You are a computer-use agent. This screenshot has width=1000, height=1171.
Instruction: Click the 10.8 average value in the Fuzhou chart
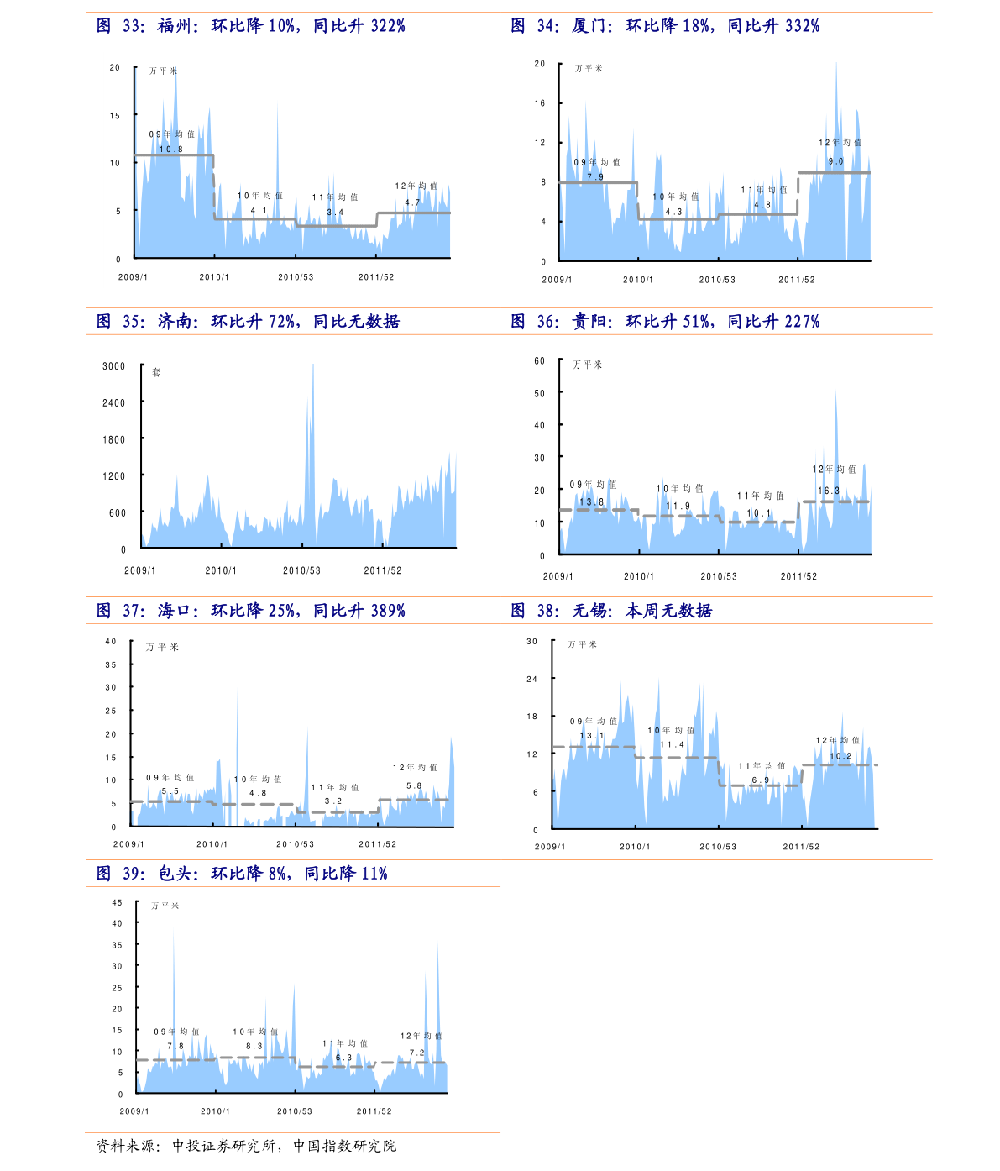pyautogui.click(x=171, y=150)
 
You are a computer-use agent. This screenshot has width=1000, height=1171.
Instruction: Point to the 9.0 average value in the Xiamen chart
pyautogui.click(x=835, y=161)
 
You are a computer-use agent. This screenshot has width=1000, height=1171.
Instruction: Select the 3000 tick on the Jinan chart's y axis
pyautogui.click(x=114, y=366)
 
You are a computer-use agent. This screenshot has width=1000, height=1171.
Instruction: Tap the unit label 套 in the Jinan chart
pyautogui.click(x=156, y=372)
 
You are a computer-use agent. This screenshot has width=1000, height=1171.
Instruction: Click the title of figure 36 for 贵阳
pyautogui.click(x=665, y=322)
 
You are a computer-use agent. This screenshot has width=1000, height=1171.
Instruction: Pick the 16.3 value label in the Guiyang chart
pyautogui.click(x=829, y=491)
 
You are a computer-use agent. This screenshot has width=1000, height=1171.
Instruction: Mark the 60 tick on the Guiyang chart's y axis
pyautogui.click(x=540, y=361)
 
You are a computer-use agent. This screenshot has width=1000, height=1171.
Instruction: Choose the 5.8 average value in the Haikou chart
pyautogui.click(x=414, y=786)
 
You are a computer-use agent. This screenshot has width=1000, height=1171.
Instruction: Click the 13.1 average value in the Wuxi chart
pyautogui.click(x=592, y=736)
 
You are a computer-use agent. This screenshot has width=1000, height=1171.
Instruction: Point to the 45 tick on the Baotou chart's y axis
pyautogui.click(x=118, y=903)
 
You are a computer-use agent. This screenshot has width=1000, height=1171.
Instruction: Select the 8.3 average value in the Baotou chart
pyautogui.click(x=254, y=1047)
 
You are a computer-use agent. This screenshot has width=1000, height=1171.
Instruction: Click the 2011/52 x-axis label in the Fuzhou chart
pyautogui.click(x=376, y=277)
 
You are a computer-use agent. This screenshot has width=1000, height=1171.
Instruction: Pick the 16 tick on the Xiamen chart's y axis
pyautogui.click(x=540, y=103)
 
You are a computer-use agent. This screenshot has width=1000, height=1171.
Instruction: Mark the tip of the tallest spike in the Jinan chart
pyautogui.click(x=313, y=364)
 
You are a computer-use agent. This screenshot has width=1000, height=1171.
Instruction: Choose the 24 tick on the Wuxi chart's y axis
pyautogui.click(x=531, y=679)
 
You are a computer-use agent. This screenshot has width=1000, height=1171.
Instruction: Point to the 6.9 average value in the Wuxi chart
pyautogui.click(x=761, y=780)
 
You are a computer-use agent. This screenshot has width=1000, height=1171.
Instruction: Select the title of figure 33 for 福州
pyautogui.click(x=250, y=26)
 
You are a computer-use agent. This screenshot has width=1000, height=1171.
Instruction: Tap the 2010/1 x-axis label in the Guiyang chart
pyautogui.click(x=638, y=576)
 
